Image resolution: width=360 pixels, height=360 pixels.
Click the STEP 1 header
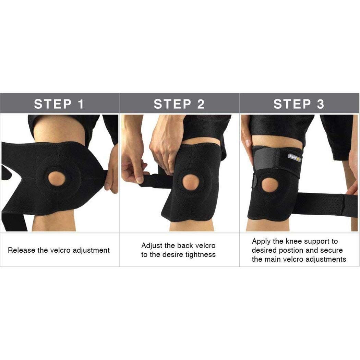[59, 104]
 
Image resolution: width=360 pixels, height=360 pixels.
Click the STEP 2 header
[179, 104]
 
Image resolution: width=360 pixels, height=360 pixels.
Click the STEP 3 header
[298, 104]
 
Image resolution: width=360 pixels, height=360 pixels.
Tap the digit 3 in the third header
[320, 104]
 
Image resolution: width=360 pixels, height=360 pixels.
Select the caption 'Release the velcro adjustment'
[59, 250]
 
